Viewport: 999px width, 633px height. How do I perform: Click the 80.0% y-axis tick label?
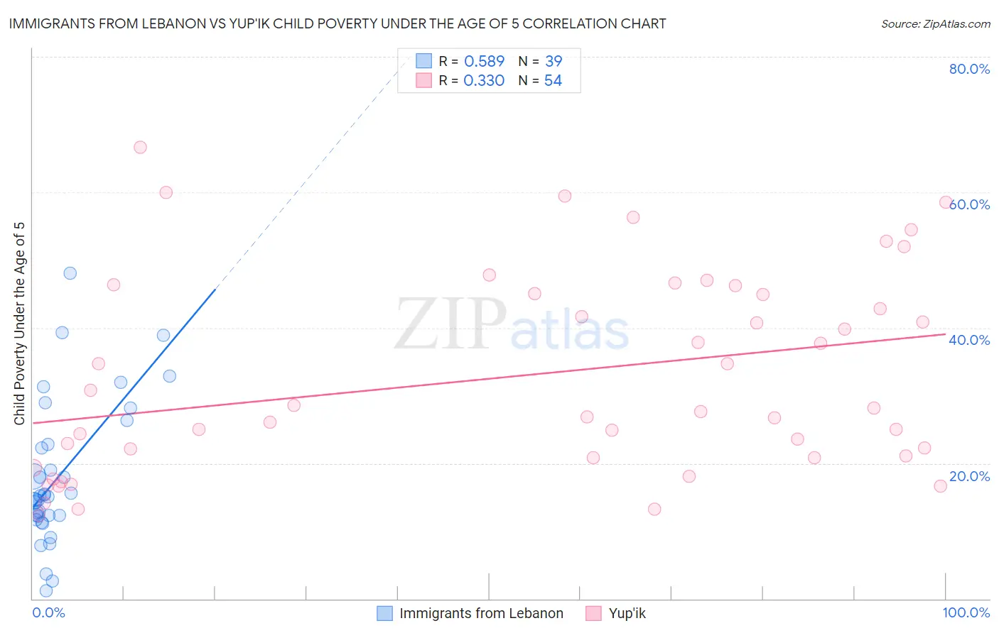(x=969, y=69)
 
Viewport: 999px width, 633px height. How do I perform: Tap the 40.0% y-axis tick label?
(x=969, y=340)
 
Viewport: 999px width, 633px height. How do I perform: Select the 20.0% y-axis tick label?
(x=969, y=476)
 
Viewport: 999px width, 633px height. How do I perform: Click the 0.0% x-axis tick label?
(x=48, y=612)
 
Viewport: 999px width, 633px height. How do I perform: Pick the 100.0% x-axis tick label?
(x=966, y=612)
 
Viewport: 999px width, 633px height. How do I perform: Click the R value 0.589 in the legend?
(x=484, y=61)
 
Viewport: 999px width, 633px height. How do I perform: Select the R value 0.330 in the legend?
(x=484, y=81)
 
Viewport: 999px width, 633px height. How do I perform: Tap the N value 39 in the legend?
(x=553, y=61)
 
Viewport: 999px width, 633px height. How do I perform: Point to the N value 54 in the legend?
(x=553, y=81)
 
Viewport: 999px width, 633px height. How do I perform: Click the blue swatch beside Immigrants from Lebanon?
(x=384, y=613)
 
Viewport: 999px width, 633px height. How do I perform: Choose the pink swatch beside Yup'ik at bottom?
(x=593, y=613)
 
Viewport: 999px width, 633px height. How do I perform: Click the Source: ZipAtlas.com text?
(x=935, y=24)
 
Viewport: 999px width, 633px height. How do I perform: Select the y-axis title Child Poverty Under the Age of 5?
(x=20, y=324)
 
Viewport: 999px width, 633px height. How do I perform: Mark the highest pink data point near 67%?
(x=140, y=148)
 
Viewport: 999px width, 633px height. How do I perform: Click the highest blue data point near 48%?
(x=70, y=273)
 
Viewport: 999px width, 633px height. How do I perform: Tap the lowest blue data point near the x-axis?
(x=46, y=590)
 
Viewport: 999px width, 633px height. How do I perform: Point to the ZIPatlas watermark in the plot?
(x=512, y=325)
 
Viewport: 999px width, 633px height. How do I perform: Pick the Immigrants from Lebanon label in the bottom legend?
(x=481, y=613)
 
